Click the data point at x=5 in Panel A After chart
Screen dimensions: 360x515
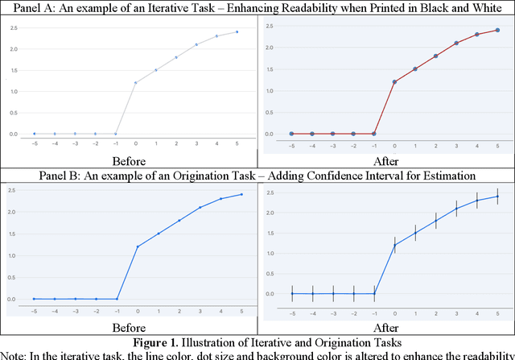496,31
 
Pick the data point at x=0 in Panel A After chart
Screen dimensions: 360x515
394,81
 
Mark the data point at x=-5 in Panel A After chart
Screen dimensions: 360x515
291,134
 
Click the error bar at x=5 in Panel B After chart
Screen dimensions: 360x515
496,196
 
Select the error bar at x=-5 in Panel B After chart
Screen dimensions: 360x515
292,294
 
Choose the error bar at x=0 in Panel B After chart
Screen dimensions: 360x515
394,245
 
